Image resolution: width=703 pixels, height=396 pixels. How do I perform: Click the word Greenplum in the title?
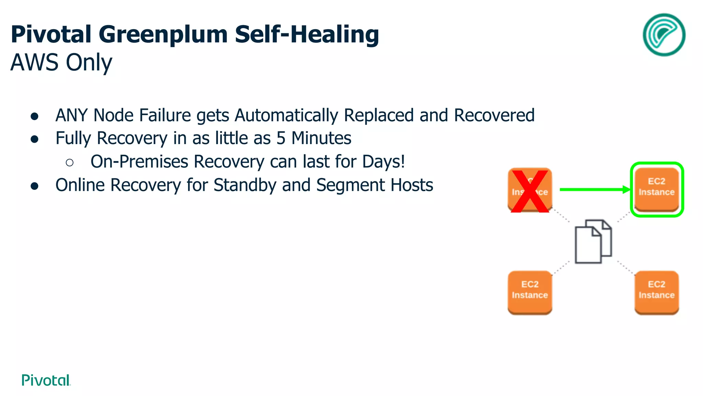163,34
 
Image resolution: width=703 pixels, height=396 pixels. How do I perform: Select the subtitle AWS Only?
61,63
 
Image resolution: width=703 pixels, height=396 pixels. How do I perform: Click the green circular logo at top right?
664,35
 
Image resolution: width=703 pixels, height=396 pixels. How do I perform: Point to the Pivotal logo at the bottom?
46,380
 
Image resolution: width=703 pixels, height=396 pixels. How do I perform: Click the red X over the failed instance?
530,191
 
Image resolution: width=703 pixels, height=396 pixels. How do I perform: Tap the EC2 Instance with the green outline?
657,189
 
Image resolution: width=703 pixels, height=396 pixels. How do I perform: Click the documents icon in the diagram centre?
593,241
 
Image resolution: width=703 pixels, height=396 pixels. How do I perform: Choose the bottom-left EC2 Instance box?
530,292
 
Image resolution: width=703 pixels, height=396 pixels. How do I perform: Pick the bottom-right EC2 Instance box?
656,292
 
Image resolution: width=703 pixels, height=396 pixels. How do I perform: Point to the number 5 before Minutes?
281,138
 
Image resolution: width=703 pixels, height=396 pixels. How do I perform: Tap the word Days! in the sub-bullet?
383,162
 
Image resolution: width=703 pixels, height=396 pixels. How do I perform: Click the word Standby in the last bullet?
245,185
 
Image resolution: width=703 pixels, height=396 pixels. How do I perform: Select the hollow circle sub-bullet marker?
69,163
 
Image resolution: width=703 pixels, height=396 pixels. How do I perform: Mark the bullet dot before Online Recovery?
34,186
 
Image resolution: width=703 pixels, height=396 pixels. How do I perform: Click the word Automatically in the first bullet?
286,115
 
